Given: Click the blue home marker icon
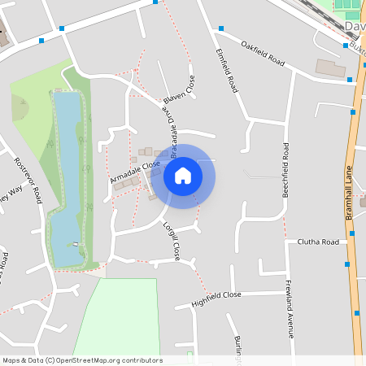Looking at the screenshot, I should [183, 176].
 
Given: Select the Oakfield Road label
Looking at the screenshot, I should [265, 55].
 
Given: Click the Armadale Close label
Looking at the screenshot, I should [135, 172].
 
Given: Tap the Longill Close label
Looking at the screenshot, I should [171, 241].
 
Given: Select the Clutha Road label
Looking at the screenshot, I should [318, 242].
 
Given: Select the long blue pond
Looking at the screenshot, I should [68, 175].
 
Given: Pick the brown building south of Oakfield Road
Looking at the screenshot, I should [330, 68].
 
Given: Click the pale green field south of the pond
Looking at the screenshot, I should [122, 317].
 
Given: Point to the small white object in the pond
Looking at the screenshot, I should [76, 243].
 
